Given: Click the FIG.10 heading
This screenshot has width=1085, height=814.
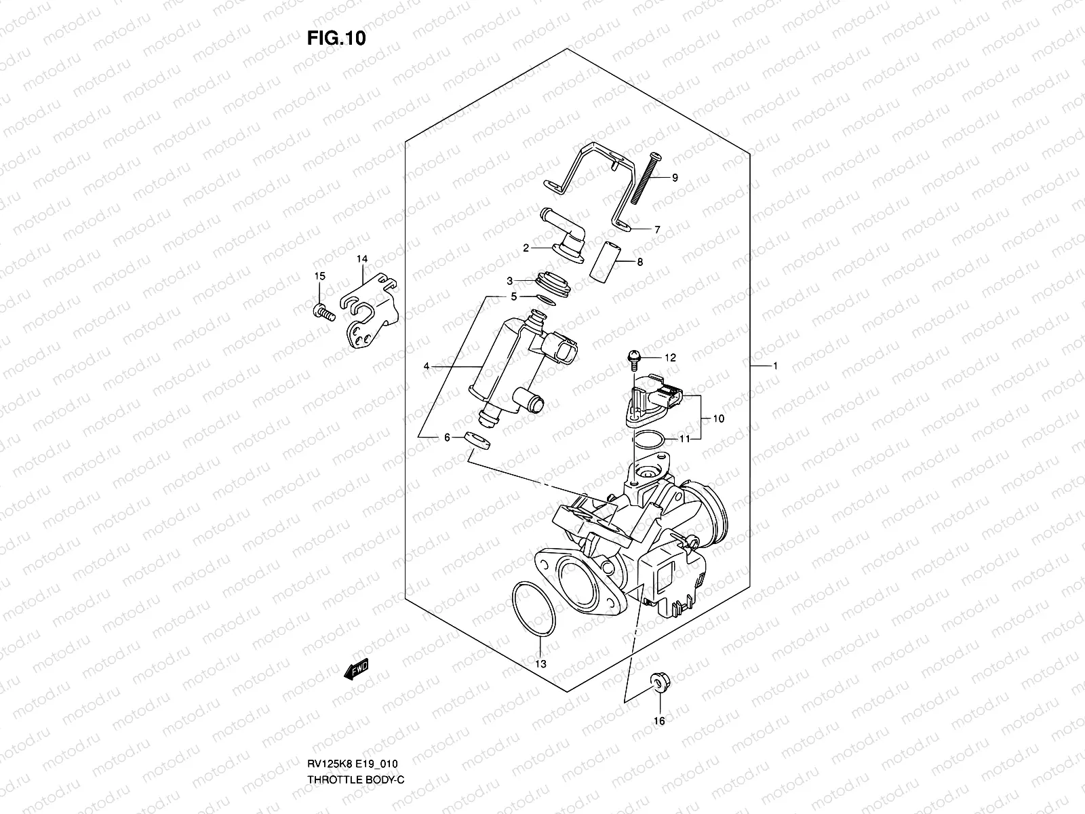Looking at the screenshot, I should tap(336, 39).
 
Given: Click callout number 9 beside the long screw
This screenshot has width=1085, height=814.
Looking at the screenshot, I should tap(675, 178).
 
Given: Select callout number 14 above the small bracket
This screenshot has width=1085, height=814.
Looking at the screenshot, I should tap(361, 259).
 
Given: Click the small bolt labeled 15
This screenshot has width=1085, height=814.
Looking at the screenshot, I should tap(322, 312).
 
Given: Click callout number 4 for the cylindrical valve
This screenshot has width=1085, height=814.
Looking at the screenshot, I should tap(427, 366).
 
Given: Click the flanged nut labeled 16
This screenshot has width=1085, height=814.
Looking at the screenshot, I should tap(657, 682).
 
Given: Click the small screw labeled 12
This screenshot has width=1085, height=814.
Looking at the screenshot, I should tap(633, 355).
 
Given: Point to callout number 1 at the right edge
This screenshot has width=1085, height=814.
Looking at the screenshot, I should tap(774, 366).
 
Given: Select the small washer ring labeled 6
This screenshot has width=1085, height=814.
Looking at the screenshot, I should tap(478, 440).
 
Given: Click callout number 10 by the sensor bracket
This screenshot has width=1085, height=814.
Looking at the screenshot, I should tap(718, 419).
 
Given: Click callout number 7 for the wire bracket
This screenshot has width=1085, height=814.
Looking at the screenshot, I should tap(656, 230).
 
